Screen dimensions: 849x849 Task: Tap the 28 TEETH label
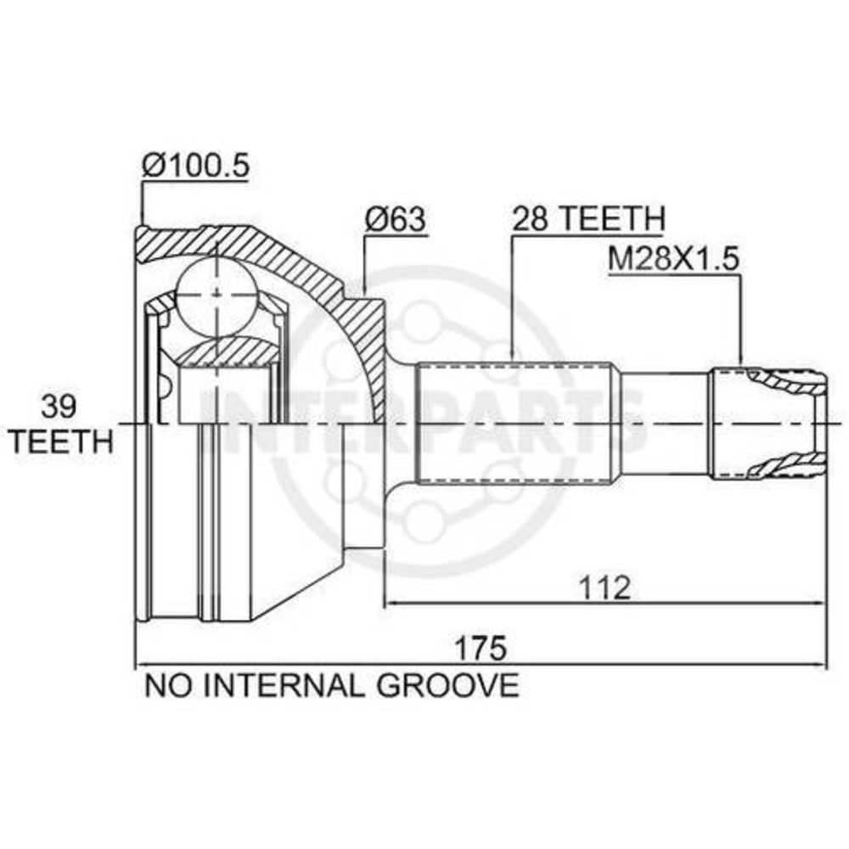(x=588, y=218)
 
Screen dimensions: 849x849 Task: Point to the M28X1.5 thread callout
(x=673, y=259)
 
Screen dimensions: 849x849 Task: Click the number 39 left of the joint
(x=59, y=406)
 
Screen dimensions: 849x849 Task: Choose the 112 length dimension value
(x=604, y=588)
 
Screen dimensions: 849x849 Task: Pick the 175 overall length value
(x=481, y=648)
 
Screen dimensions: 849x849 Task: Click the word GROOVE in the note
(x=447, y=685)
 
